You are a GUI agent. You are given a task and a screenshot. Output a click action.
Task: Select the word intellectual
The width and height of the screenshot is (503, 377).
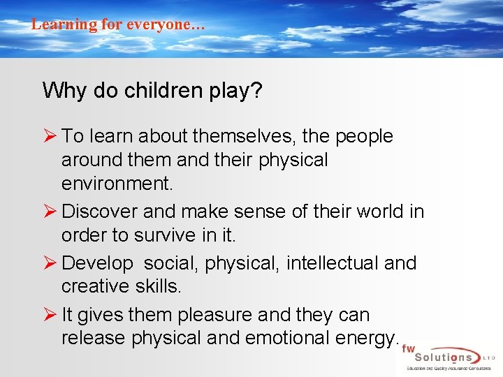click(x=334, y=263)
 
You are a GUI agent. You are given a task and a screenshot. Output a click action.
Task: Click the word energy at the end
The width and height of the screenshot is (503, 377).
click(x=365, y=339)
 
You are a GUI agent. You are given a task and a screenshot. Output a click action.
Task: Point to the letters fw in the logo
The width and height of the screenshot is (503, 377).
click(x=409, y=348)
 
